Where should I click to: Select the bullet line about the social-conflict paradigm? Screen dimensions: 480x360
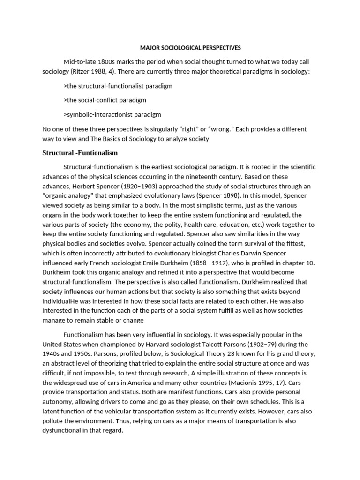pyautogui.click(x=104, y=100)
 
